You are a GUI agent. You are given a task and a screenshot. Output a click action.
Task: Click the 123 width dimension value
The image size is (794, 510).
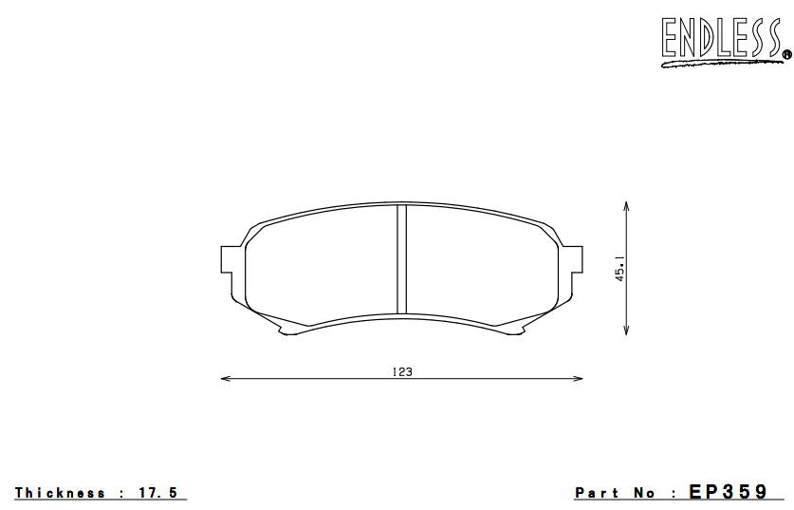click(401, 372)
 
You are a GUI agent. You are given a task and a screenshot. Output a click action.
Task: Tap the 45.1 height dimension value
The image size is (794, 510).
click(619, 268)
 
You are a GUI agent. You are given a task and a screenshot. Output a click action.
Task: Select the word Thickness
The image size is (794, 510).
click(61, 493)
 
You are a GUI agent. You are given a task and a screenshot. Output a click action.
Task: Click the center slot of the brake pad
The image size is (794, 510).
click(401, 258)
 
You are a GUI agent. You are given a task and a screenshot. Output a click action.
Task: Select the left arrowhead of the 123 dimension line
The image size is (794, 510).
click(225, 379)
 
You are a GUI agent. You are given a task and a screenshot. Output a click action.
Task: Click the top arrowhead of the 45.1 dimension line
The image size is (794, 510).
click(627, 205)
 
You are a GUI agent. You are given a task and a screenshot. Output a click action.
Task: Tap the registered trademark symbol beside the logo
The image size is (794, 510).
click(785, 56)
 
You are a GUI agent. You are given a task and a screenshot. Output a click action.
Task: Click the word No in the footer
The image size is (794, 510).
click(645, 493)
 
